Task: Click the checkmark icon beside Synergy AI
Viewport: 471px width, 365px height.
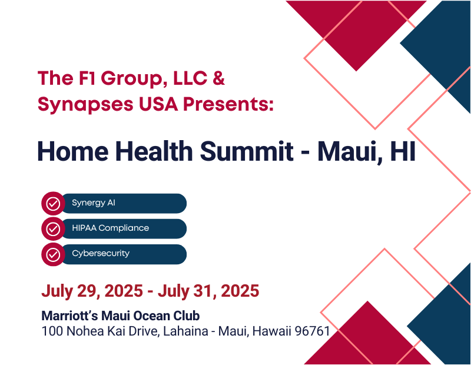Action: tap(53, 203)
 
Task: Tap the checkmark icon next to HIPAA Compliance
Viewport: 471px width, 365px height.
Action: tap(53, 229)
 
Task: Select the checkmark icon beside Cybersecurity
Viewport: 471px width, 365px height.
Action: tap(53, 254)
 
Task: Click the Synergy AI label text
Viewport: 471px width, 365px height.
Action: tap(94, 203)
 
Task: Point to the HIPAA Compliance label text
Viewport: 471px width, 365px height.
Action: tap(111, 228)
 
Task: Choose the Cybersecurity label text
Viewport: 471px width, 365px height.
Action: tap(101, 254)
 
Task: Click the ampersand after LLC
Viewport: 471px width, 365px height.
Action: tap(218, 78)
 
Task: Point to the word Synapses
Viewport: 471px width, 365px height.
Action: tap(85, 105)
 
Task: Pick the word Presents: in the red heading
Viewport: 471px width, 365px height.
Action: tap(228, 104)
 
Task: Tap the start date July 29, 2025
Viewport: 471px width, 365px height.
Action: tap(92, 291)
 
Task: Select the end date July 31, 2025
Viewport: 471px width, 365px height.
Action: tap(208, 291)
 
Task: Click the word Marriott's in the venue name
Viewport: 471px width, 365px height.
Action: tap(69, 316)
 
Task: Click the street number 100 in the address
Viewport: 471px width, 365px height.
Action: tap(52, 331)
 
